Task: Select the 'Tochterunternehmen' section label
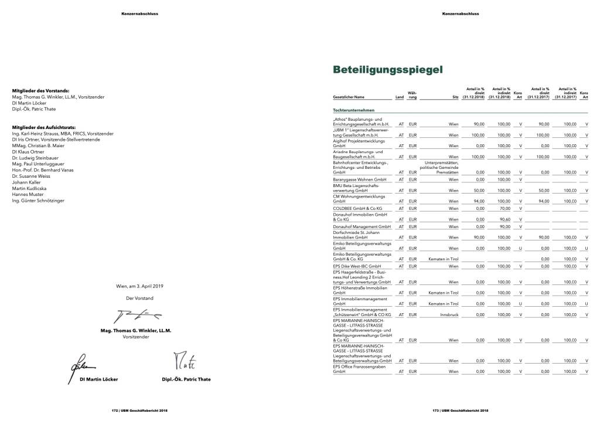tap(353, 110)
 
